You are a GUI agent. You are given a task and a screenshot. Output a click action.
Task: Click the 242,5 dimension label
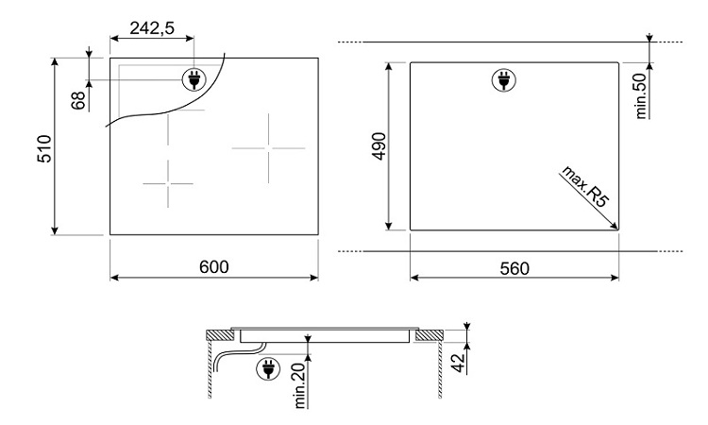tap(152, 28)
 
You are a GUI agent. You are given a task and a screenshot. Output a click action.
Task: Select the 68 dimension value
tap(78, 100)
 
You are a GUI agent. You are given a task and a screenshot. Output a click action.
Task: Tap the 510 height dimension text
tap(45, 148)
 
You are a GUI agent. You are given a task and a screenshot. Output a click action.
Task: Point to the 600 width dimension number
tap(214, 267)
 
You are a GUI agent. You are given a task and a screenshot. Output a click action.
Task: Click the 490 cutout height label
tap(379, 145)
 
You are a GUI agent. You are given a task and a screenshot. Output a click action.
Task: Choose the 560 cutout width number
tap(514, 269)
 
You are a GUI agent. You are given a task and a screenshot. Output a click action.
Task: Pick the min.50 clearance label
tap(641, 95)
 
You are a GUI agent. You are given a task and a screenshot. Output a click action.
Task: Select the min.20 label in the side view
tap(300, 385)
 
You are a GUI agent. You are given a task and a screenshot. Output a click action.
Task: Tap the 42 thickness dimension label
tap(459, 363)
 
